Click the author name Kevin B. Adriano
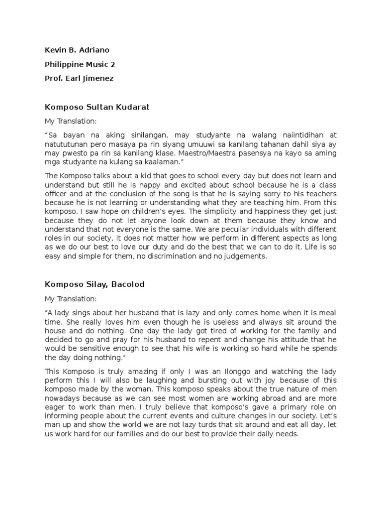(77, 50)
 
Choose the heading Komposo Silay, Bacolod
(95, 284)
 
